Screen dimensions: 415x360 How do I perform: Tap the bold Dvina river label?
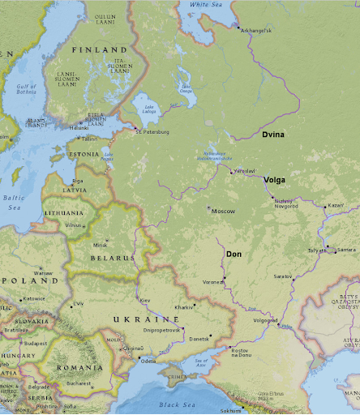tap(273, 134)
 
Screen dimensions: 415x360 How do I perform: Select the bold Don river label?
tap(234, 254)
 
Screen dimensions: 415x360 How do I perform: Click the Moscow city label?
tap(223, 211)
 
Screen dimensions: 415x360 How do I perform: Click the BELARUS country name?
tap(112, 258)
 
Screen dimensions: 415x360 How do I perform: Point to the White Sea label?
tap(205, 5)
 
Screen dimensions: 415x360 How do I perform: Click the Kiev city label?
tap(146, 301)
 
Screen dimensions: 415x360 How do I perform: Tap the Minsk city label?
tap(101, 244)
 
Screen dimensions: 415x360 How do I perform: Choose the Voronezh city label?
tap(213, 281)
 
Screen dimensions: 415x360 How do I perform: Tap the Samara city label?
tap(346, 249)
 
